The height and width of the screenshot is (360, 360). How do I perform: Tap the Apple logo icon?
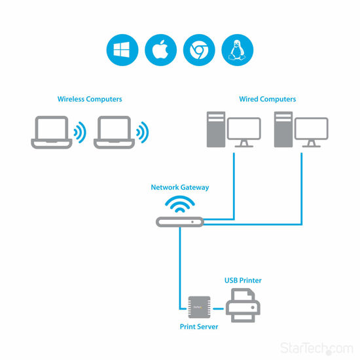[x=160, y=50]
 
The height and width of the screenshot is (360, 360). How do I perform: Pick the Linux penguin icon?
[x=236, y=50]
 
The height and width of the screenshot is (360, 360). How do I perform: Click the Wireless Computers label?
[x=90, y=99]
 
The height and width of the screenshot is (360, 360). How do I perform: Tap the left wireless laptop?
[x=52, y=133]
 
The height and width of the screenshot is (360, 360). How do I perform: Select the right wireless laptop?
[x=113, y=133]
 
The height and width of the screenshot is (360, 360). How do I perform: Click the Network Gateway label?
[x=180, y=187]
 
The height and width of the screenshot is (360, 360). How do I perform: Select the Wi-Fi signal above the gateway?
[x=180, y=204]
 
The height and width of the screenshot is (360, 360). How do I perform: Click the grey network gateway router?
[x=180, y=223]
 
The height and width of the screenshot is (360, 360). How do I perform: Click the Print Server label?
[x=199, y=325]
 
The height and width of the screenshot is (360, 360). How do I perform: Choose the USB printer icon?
[x=243, y=305]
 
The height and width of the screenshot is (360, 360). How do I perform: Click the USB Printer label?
[x=243, y=280]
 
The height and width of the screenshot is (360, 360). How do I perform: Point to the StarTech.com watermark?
[x=316, y=348]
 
